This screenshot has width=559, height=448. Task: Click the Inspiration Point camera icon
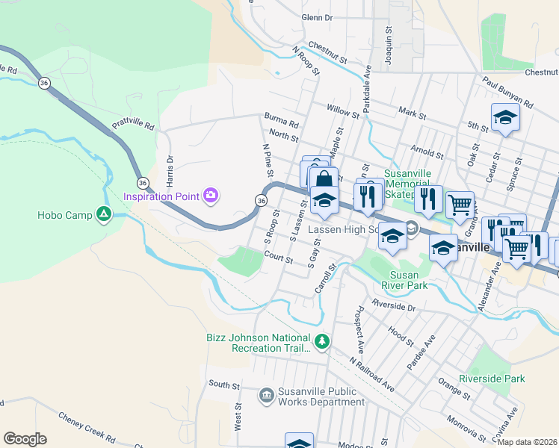(211, 196)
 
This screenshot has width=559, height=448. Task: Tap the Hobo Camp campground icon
(104, 216)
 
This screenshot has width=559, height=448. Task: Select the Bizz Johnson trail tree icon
(322, 342)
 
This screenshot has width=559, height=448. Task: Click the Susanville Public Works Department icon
(266, 395)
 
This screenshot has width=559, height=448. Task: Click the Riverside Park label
(492, 379)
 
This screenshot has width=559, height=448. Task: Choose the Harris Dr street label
(170, 171)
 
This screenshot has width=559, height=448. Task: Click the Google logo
(25, 439)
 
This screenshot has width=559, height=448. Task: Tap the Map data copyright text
(527, 442)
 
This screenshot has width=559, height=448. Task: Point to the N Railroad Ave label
(372, 373)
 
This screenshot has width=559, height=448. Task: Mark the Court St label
(278, 258)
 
